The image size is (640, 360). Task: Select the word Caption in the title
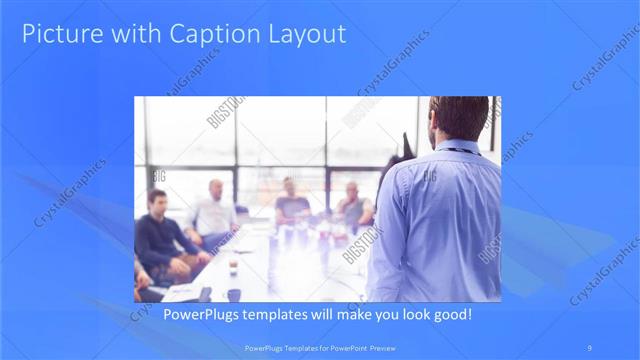(x=205, y=34)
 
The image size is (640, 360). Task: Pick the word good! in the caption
(x=449, y=314)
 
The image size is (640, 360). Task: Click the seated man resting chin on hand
(x=352, y=205)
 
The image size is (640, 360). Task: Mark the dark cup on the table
(x=232, y=294)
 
